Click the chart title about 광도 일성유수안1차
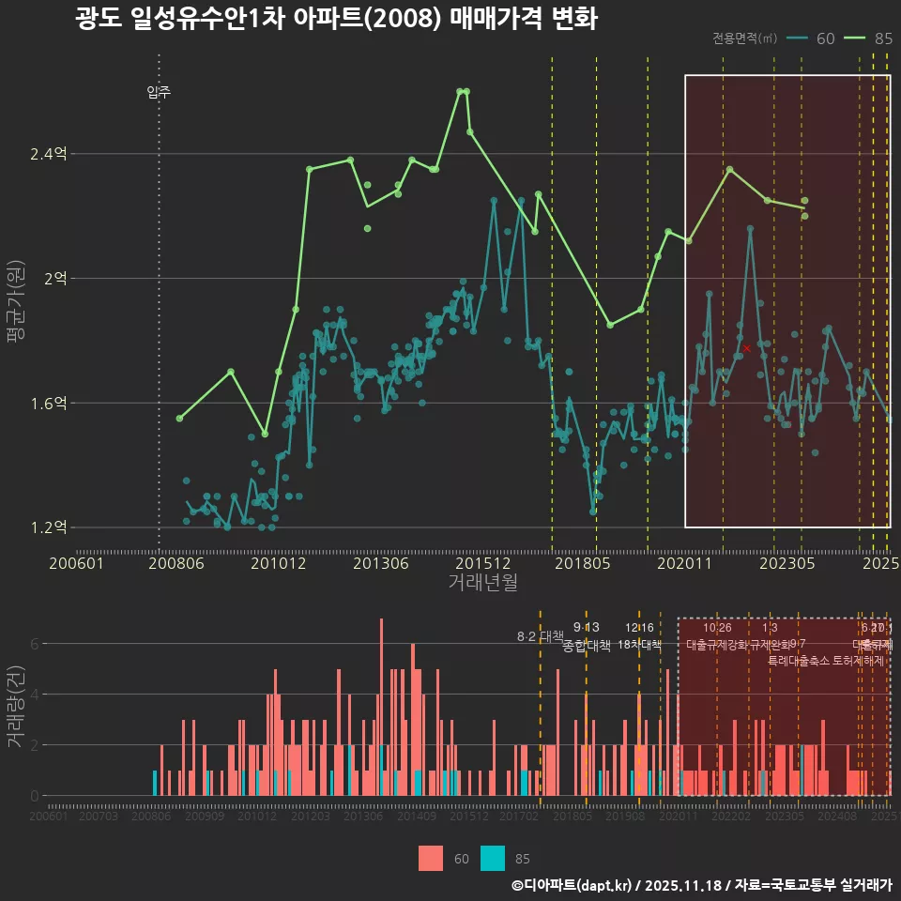click(336, 19)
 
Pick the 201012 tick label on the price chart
click(278, 564)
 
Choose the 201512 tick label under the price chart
click(482, 564)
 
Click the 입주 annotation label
click(159, 92)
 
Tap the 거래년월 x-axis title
click(482, 583)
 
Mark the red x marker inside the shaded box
click(746, 348)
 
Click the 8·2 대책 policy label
click(540, 636)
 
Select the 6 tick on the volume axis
click(35, 644)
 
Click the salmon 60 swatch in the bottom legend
click(431, 858)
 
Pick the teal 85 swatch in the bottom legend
click(493, 858)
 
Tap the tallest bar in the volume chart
click(381, 708)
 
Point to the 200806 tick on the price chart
click(176, 564)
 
